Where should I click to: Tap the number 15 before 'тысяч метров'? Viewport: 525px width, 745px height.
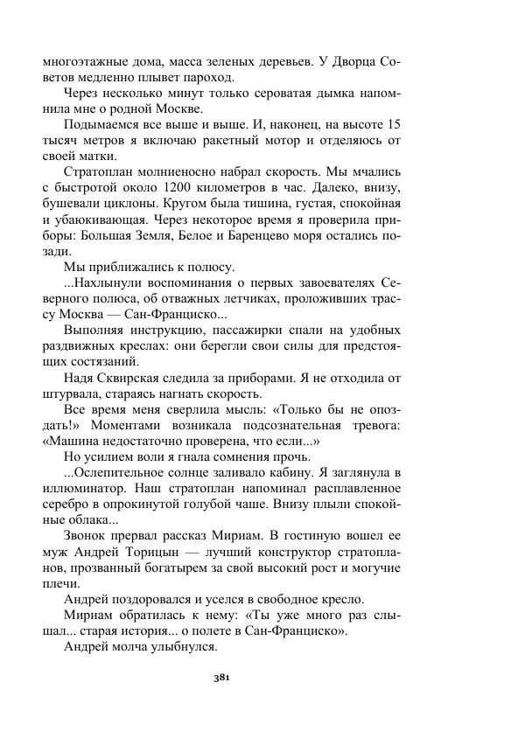[x=393, y=124]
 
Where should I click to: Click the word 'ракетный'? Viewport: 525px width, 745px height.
[x=258, y=140]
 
